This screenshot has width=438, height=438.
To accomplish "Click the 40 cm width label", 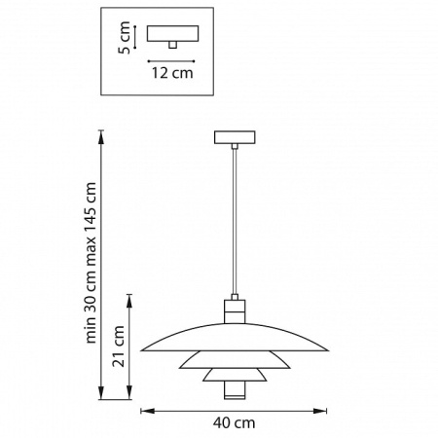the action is tap(234, 422).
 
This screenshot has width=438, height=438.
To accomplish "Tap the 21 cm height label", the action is tap(119, 347).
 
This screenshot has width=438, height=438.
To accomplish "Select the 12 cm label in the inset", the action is tap(172, 73).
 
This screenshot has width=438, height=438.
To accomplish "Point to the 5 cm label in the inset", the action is tap(125, 38).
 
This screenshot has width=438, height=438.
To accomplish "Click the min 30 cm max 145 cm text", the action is tap(91, 263).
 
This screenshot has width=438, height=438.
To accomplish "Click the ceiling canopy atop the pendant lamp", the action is tap(235, 137).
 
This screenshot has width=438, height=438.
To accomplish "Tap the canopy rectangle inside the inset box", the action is tap(172, 33).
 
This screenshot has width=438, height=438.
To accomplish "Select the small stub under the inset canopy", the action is tap(172, 45).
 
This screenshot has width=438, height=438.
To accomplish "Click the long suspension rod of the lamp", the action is tap(235, 222).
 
